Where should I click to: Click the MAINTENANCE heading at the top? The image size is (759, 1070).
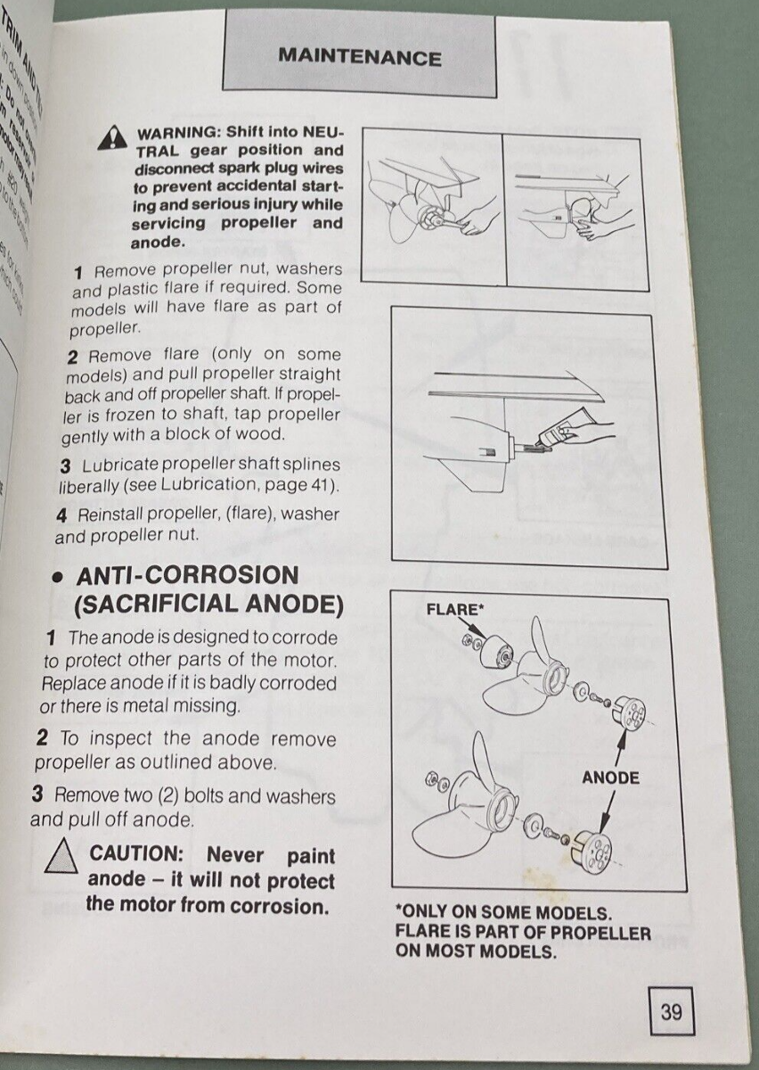359,57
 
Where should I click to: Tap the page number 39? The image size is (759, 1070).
671,1012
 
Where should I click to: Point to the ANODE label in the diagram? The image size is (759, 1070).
610,778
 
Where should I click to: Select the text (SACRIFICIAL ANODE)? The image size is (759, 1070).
208,605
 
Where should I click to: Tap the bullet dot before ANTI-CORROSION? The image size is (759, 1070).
56,577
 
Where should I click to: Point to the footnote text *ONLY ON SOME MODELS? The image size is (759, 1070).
503,913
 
